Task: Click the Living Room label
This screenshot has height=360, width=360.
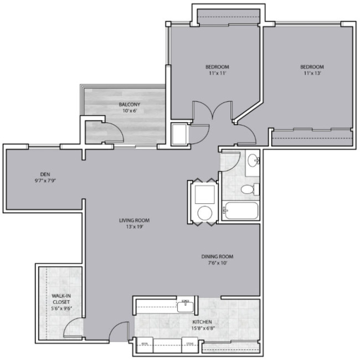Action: (134, 220)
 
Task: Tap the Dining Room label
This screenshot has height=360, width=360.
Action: (217, 256)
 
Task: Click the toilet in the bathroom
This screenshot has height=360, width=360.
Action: (249, 189)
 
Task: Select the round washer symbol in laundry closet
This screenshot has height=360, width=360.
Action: (205, 213)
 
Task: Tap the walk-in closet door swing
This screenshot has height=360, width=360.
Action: (72, 329)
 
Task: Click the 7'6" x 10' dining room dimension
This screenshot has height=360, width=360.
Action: (217, 264)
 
